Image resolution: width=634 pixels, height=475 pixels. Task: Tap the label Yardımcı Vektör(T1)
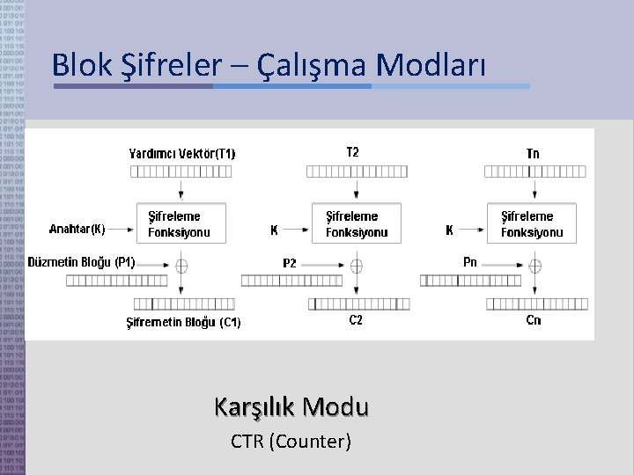pyautogui.click(x=182, y=154)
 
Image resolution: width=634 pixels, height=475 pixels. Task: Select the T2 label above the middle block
pyautogui.click(x=352, y=152)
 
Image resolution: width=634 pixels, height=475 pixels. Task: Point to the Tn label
pyautogui.click(x=533, y=153)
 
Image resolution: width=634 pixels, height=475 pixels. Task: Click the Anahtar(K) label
pyautogui.click(x=77, y=230)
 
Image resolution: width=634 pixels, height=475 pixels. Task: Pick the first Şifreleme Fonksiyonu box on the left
pyautogui.click(x=180, y=224)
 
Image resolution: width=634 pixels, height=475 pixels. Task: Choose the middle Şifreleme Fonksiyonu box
pyautogui.click(x=357, y=224)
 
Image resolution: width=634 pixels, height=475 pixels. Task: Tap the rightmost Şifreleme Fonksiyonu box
pyautogui.click(x=532, y=224)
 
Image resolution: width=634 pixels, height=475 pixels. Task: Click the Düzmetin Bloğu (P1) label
pyautogui.click(x=82, y=261)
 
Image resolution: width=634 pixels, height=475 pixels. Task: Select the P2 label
pyautogui.click(x=290, y=262)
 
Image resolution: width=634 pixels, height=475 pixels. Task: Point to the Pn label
pyautogui.click(x=470, y=262)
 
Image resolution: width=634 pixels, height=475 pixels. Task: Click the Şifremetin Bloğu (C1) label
pyautogui.click(x=184, y=323)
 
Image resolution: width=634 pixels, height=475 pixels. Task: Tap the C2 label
pyautogui.click(x=356, y=320)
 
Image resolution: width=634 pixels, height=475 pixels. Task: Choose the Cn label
pyautogui.click(x=534, y=320)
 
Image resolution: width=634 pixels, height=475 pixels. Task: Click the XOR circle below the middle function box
pyautogui.click(x=357, y=264)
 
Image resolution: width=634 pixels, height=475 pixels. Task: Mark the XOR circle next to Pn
pyautogui.click(x=534, y=264)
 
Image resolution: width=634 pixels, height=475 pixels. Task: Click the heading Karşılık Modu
pyautogui.click(x=291, y=407)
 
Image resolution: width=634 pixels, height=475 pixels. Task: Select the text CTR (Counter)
pyautogui.click(x=291, y=441)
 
